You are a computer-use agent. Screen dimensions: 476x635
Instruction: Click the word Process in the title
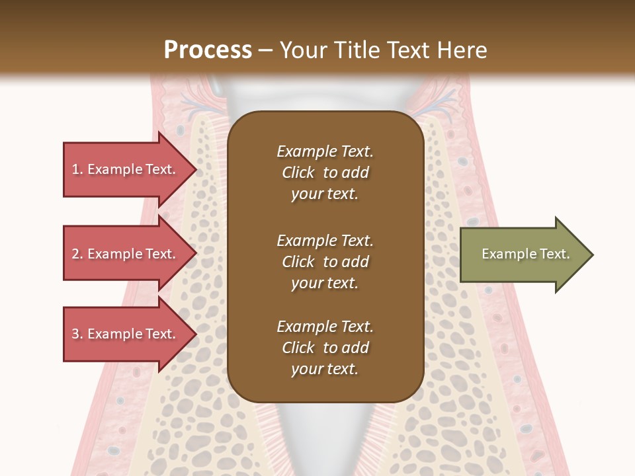pos(208,50)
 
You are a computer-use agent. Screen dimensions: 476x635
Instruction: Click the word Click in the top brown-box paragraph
pos(298,173)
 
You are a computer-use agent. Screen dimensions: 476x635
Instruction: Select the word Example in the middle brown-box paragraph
pos(306,241)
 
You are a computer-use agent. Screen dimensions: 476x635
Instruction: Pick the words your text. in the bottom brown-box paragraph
pos(325,370)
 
